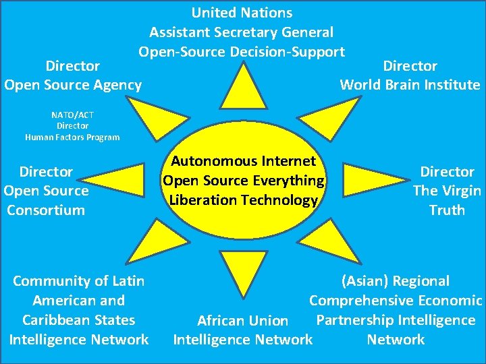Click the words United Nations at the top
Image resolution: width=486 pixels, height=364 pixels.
[x=242, y=12]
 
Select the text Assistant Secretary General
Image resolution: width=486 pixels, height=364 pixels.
[x=242, y=32]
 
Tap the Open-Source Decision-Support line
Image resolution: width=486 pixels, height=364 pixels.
[x=242, y=51]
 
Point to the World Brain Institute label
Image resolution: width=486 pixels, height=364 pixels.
[x=410, y=84]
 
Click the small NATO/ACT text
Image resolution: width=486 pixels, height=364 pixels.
[x=72, y=115]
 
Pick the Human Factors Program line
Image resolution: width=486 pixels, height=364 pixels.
[x=72, y=137]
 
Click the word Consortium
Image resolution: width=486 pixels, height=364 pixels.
[x=46, y=210]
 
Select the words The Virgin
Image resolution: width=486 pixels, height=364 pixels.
[x=447, y=191]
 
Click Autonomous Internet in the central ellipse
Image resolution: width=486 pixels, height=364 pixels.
[x=243, y=161]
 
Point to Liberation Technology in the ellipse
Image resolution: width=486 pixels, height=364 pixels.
[x=243, y=200]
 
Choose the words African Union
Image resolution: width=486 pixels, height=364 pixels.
[x=242, y=321]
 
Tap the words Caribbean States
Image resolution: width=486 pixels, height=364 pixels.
[x=78, y=320]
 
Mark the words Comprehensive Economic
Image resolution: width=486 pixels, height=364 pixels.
[x=396, y=301]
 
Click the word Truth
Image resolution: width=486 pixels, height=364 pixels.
[x=447, y=210]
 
